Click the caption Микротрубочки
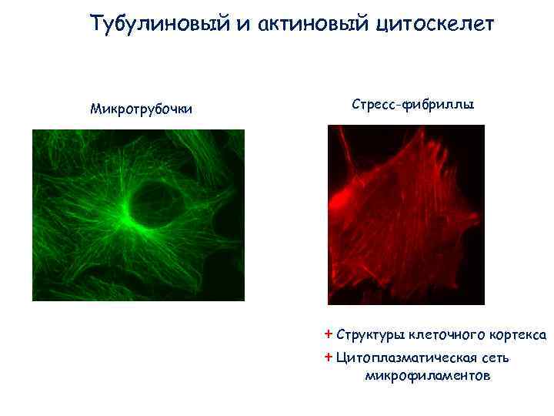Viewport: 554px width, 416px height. pos(142,108)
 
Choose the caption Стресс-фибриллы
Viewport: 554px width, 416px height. pos(413,103)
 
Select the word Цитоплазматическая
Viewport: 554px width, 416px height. pos(408,358)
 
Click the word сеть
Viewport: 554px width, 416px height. pos(496,358)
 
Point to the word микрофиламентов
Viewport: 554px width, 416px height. pos(426,376)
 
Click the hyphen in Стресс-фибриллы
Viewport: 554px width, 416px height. pos(395,104)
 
